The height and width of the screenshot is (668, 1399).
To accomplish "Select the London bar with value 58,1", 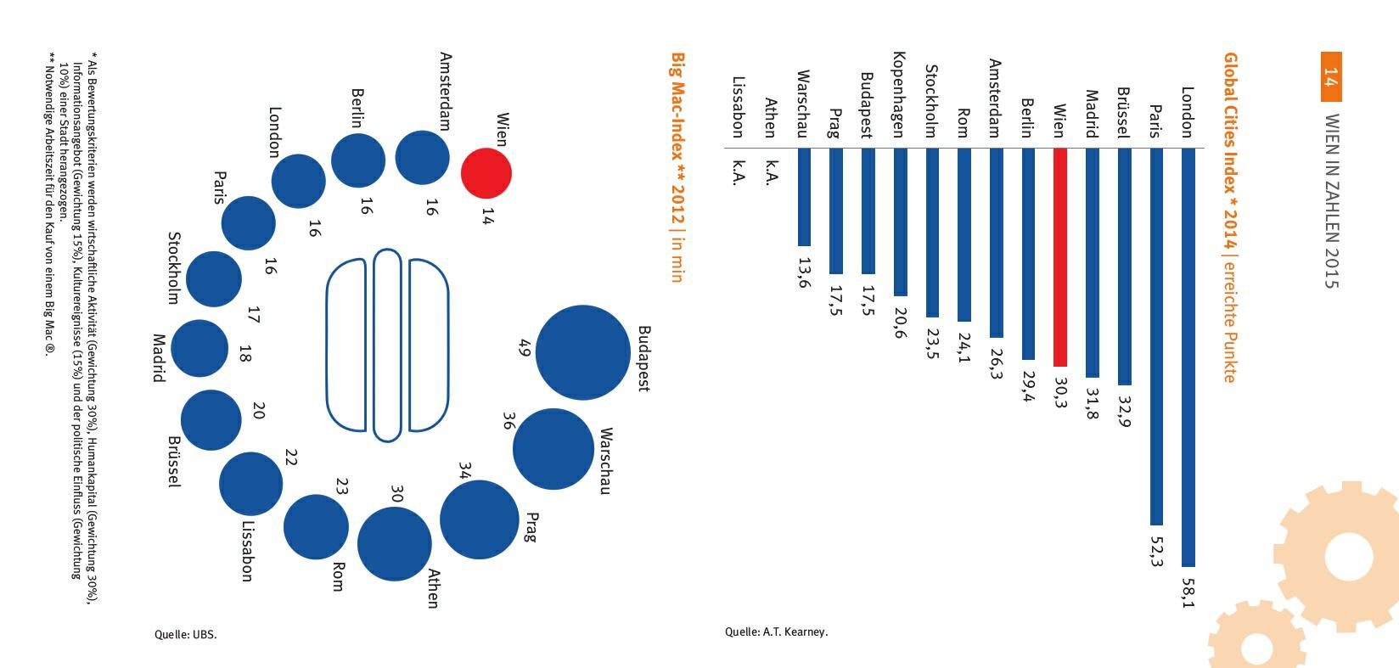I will [1188, 356].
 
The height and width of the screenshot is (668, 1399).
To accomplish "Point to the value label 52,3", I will [1156, 550].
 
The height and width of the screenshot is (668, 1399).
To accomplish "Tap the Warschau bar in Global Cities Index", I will [804, 197].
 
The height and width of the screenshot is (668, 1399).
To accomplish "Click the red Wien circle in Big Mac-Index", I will [486, 173].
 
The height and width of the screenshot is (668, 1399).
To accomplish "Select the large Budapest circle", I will [583, 352].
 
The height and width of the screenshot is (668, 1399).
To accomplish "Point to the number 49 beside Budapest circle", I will [524, 347].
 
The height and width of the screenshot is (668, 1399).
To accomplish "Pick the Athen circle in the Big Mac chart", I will [395, 543].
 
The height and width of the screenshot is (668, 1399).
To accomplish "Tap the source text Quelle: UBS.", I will [185, 634].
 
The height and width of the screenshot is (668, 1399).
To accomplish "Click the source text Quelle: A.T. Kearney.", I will [776, 632].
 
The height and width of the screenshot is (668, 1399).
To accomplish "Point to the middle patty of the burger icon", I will [387, 345].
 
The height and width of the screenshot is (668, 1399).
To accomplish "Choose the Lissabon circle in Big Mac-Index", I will [250, 484].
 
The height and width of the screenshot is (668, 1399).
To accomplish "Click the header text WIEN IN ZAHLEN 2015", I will [1331, 200].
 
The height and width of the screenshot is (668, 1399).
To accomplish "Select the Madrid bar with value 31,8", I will [1093, 263].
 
